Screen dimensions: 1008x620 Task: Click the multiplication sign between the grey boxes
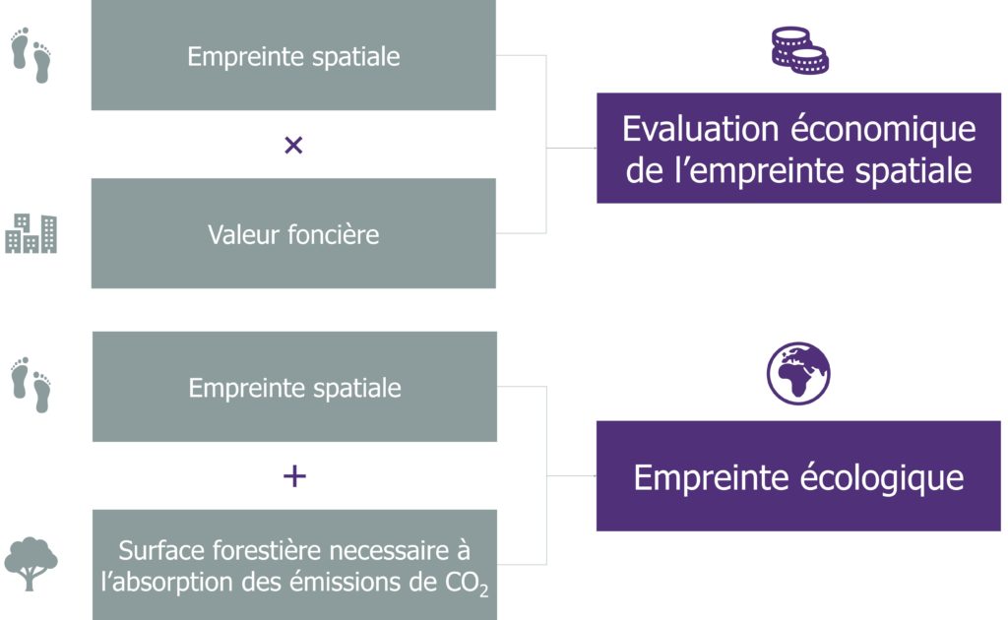click(293, 146)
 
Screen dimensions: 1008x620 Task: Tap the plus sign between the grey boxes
click(294, 476)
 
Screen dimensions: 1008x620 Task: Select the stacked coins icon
click(799, 50)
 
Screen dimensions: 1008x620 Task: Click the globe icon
click(798, 373)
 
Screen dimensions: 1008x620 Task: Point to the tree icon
click(31, 564)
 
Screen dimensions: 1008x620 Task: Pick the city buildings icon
click(31, 233)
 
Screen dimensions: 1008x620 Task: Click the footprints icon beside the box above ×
click(31, 54)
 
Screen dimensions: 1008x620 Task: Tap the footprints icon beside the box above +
click(31, 384)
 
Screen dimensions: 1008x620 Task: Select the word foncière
click(334, 234)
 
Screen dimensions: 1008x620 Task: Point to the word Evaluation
click(701, 129)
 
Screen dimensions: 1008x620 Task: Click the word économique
click(883, 130)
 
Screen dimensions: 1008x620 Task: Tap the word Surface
click(161, 550)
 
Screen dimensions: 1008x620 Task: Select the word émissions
click(345, 582)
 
